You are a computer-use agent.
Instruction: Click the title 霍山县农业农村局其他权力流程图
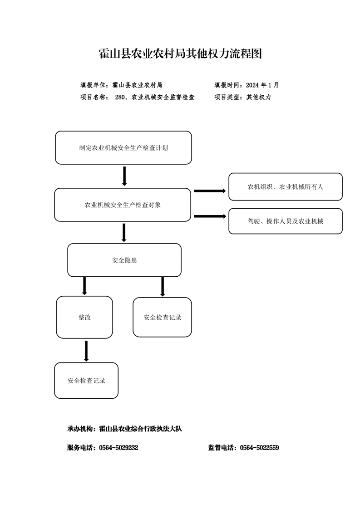(x=180, y=54)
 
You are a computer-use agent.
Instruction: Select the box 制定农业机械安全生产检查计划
(x=123, y=148)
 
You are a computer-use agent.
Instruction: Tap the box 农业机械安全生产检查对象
(x=123, y=205)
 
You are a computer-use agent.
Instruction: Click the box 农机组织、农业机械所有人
(x=286, y=186)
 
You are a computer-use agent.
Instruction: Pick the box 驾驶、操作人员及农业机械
(x=286, y=221)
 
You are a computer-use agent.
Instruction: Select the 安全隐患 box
(x=124, y=260)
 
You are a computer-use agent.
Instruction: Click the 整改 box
(x=84, y=317)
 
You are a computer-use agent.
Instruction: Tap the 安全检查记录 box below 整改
(x=86, y=381)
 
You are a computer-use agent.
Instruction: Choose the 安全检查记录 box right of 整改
(x=163, y=317)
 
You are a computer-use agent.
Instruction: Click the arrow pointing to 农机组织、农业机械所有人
(x=210, y=191)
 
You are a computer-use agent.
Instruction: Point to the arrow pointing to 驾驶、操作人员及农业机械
(x=210, y=216)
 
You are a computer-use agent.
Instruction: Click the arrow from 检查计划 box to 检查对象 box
(x=124, y=176)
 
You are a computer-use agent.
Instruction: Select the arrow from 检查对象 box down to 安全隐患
(x=124, y=233)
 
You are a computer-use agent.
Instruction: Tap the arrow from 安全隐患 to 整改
(x=84, y=286)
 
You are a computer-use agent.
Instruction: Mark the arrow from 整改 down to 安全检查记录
(x=86, y=351)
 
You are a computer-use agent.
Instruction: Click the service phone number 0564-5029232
(x=118, y=448)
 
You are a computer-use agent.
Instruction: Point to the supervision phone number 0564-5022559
(x=259, y=448)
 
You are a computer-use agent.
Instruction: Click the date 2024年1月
(x=262, y=85)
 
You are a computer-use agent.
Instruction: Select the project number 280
(x=119, y=97)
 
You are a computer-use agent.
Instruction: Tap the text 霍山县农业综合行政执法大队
(x=140, y=429)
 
